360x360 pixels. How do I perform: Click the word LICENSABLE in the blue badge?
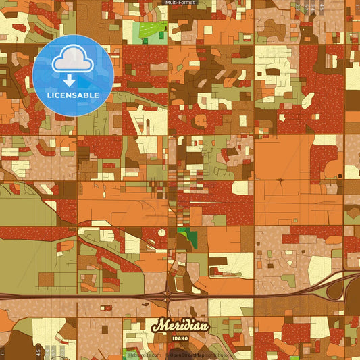click(73, 95)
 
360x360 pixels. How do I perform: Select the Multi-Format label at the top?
click(180, 3)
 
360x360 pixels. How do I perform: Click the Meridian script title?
click(179, 326)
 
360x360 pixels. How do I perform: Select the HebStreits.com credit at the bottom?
click(145, 354)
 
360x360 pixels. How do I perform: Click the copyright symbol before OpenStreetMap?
click(167, 354)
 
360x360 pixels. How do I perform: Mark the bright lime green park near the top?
click(153, 30)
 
